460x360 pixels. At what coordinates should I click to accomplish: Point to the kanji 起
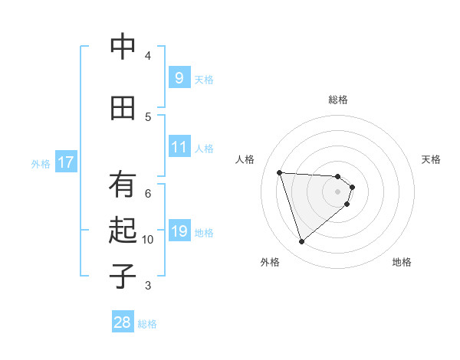(x=123, y=231)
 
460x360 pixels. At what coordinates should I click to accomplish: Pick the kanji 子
(x=123, y=276)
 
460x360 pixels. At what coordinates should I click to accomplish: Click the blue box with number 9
(x=179, y=77)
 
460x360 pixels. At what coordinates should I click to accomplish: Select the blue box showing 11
(x=179, y=146)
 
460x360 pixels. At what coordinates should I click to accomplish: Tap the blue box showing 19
(x=179, y=231)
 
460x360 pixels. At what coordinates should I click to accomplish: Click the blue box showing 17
(x=66, y=162)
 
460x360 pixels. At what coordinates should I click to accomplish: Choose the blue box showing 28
(x=123, y=322)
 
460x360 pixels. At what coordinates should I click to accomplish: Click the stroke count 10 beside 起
(x=148, y=240)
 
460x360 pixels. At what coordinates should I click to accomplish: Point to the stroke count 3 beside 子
(x=148, y=286)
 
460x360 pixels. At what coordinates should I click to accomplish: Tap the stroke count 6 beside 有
(x=148, y=193)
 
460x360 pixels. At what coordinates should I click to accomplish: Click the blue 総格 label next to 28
(x=147, y=324)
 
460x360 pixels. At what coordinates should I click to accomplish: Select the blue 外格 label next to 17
(x=41, y=163)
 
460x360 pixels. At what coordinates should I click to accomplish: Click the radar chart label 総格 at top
(x=338, y=100)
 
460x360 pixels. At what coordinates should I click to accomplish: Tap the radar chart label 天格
(x=432, y=159)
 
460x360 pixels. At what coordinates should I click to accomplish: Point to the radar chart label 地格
(x=402, y=262)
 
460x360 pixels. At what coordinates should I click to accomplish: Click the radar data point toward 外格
(x=302, y=242)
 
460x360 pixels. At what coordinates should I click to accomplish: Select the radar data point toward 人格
(x=279, y=172)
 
